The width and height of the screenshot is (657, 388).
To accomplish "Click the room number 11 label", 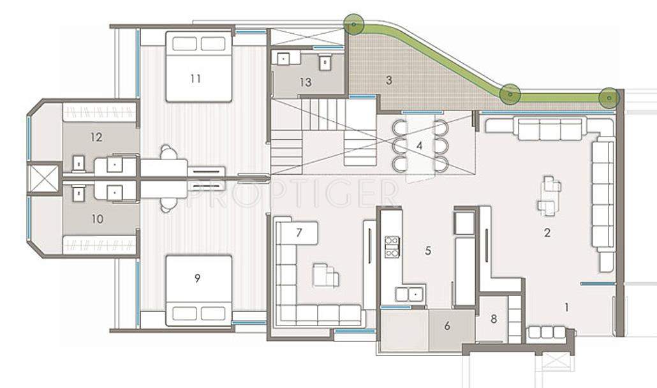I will [x=195, y=78].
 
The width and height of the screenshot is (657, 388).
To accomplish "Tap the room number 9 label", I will [x=197, y=278].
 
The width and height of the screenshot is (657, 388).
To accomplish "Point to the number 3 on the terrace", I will [x=388, y=80].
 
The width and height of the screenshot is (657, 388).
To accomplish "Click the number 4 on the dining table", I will [x=419, y=145].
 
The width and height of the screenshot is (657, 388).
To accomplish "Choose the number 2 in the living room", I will [x=547, y=233].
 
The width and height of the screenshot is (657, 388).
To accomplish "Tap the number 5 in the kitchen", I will [x=427, y=251].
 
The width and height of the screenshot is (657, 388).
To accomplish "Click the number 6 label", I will [x=447, y=326].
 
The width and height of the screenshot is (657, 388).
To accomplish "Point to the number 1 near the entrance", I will [x=566, y=308].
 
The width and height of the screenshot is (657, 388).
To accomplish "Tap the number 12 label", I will [x=97, y=137].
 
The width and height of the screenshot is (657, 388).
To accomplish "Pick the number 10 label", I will [x=97, y=219].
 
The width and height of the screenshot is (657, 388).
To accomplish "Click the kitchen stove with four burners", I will [x=392, y=246].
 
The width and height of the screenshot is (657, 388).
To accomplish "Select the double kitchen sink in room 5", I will [x=410, y=294].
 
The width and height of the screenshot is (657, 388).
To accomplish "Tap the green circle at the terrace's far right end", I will [x=609, y=98].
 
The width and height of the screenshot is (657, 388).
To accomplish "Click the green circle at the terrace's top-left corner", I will [x=353, y=25].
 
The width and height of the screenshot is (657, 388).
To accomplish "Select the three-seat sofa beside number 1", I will [x=546, y=332].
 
